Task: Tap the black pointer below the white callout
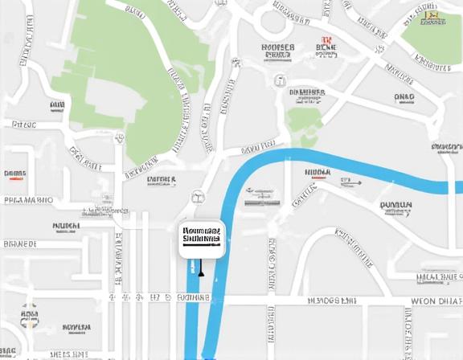click(x=201, y=273)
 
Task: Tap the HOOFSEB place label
click(x=278, y=47)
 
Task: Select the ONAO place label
click(x=404, y=97)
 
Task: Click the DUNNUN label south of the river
click(x=395, y=205)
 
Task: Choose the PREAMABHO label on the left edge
click(x=28, y=200)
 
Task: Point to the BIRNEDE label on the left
click(x=20, y=243)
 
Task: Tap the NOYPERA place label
click(x=76, y=328)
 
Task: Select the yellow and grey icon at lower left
click(x=31, y=317)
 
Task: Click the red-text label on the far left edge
click(x=14, y=174)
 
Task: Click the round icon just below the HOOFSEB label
click(x=280, y=80)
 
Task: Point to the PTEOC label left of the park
click(x=24, y=125)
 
